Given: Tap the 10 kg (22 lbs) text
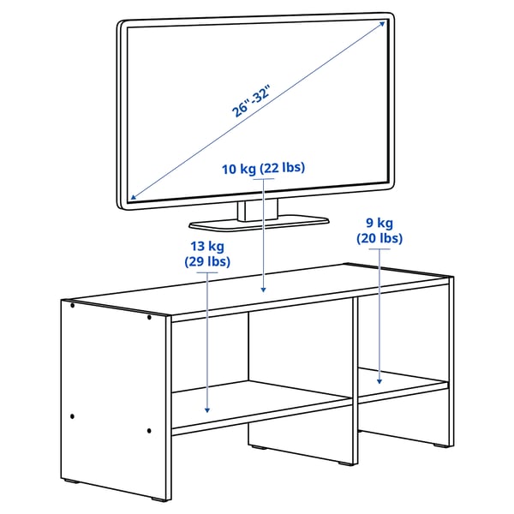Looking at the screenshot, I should [263, 167].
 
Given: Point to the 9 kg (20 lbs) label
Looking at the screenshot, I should [379, 232].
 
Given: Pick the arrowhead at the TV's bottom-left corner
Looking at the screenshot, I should [130, 200].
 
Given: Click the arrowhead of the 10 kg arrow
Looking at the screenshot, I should [263, 291].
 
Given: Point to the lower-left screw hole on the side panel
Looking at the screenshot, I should [74, 416].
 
